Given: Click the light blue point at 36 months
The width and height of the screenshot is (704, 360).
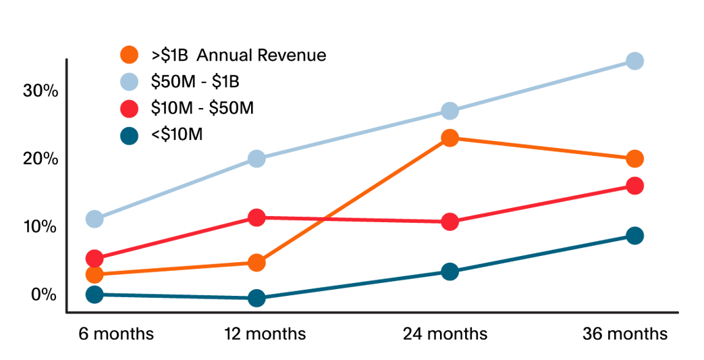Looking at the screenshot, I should tap(634, 61).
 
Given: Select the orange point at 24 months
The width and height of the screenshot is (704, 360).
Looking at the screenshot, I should tap(450, 138).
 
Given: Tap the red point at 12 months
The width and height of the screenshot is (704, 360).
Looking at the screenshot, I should tap(256, 217).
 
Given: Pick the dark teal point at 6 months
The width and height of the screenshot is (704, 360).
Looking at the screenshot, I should tap(94, 294).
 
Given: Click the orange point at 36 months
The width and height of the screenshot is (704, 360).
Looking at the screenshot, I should tap(634, 159).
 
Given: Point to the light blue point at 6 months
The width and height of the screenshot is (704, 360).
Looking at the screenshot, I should tap(94, 219).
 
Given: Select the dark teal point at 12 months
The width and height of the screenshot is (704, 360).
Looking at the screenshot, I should tap(256, 298).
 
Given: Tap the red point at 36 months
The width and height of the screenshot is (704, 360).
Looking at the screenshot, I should tap(634, 186).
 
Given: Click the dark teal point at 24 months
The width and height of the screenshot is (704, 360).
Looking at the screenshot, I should tap(450, 272).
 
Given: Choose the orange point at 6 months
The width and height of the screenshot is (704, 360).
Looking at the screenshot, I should tap(94, 274).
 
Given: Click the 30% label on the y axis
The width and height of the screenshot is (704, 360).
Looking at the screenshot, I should tap(40, 91).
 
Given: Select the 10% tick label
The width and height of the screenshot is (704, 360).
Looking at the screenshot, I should tap(40, 226).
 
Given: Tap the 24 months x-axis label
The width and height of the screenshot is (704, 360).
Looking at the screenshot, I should tap(445, 334).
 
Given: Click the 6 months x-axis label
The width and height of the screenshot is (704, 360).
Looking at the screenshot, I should tap(116, 334).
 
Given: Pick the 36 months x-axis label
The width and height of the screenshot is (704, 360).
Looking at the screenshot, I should tap(625, 334).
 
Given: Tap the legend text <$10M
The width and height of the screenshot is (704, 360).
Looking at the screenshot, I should tap(177, 134).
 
